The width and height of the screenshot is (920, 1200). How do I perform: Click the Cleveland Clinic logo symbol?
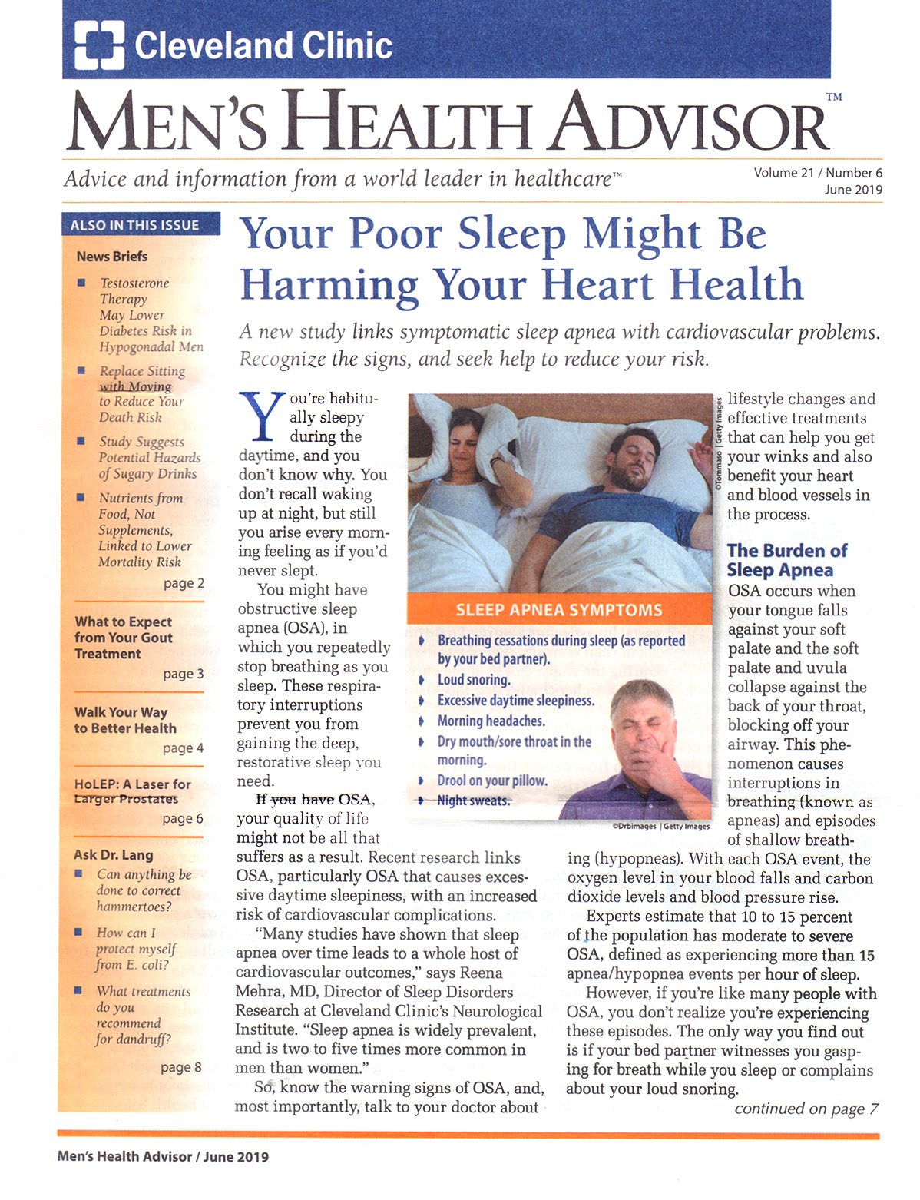[x=99, y=44]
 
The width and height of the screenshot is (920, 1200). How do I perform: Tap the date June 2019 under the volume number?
[x=853, y=190]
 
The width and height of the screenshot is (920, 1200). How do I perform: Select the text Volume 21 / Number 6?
[x=818, y=173]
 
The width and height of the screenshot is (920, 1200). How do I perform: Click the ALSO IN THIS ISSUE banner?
[x=135, y=225]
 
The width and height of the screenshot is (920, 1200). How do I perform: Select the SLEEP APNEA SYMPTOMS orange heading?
[x=558, y=611]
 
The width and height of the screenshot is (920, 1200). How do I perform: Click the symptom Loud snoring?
[x=473, y=680]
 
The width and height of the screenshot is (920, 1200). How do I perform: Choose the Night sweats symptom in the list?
[x=473, y=801]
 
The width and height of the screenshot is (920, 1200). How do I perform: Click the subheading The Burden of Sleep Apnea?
[x=786, y=560]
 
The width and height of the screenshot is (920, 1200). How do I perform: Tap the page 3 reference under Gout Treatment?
[x=183, y=674]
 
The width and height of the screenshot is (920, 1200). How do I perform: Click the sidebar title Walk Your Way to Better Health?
[x=125, y=720]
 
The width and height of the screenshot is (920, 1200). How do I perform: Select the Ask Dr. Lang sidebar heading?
[x=114, y=855]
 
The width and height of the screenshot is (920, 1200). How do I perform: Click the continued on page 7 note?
[x=806, y=1109]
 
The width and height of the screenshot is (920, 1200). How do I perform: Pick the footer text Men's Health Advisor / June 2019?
[x=163, y=1157]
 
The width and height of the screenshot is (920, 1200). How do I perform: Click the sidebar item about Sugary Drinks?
[x=148, y=458]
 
